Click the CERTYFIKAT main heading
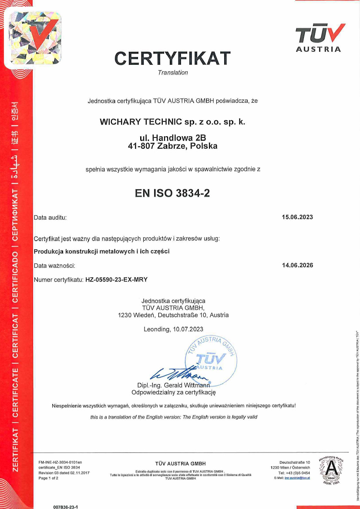tap(172, 58)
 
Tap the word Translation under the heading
tap(173, 73)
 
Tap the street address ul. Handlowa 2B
tap(173, 137)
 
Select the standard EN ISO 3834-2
tap(173, 193)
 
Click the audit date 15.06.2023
tap(297, 217)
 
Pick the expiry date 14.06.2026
tap(297, 265)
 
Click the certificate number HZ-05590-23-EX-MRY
tap(116, 280)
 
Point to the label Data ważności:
tap(55, 265)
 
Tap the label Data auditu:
tap(50, 217)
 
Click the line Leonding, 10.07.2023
tap(173, 329)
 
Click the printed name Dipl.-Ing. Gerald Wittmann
tap(173, 385)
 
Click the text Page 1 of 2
tap(48, 478)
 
